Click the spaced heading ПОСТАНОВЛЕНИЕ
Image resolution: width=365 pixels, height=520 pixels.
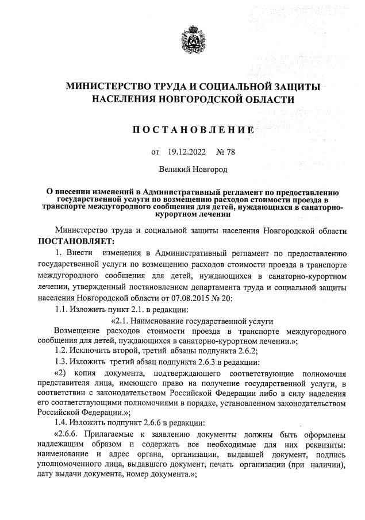[193, 130]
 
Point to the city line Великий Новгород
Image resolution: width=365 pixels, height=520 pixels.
[193, 170]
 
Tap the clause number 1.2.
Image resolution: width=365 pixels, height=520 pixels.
[60, 350]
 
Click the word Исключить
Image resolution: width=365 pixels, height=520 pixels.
[93, 350]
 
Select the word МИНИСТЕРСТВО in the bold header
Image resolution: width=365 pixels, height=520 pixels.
[108, 87]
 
